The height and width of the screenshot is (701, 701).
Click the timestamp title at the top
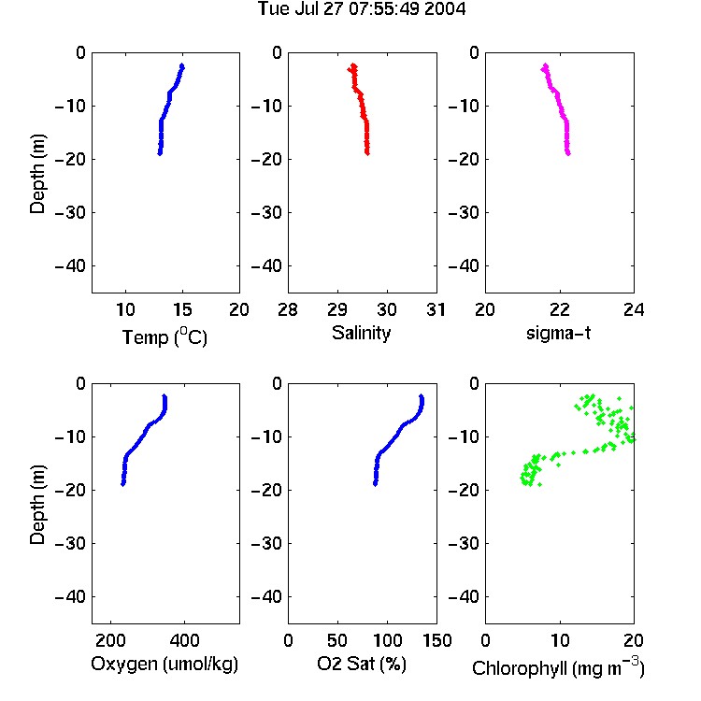point(362,8)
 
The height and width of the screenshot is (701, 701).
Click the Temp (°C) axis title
point(165,336)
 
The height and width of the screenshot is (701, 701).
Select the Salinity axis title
point(361,334)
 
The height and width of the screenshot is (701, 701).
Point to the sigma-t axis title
point(558,333)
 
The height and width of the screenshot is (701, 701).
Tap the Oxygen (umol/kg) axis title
point(165,664)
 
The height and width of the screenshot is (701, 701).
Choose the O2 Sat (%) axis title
point(362,664)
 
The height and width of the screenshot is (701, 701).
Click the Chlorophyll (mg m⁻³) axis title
point(558,667)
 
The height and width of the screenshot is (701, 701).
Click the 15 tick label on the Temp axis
point(182,309)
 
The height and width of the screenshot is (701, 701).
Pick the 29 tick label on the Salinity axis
point(337,309)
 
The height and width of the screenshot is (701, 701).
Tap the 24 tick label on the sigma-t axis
point(634,309)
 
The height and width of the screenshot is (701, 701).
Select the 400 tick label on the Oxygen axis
point(184,640)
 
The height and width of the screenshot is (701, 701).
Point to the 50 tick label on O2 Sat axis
point(337,640)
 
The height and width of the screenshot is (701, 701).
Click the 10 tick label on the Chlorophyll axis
point(560,640)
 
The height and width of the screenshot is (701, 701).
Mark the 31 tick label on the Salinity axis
point(436,309)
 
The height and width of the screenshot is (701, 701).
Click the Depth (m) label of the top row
point(37,174)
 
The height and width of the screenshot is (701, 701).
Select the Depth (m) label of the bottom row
point(37,505)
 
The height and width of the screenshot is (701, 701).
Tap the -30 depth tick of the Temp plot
point(70,212)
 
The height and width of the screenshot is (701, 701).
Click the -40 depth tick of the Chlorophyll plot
point(464,596)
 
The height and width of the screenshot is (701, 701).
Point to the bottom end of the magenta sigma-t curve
point(568,154)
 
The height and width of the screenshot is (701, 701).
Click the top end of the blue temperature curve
point(182,65)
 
